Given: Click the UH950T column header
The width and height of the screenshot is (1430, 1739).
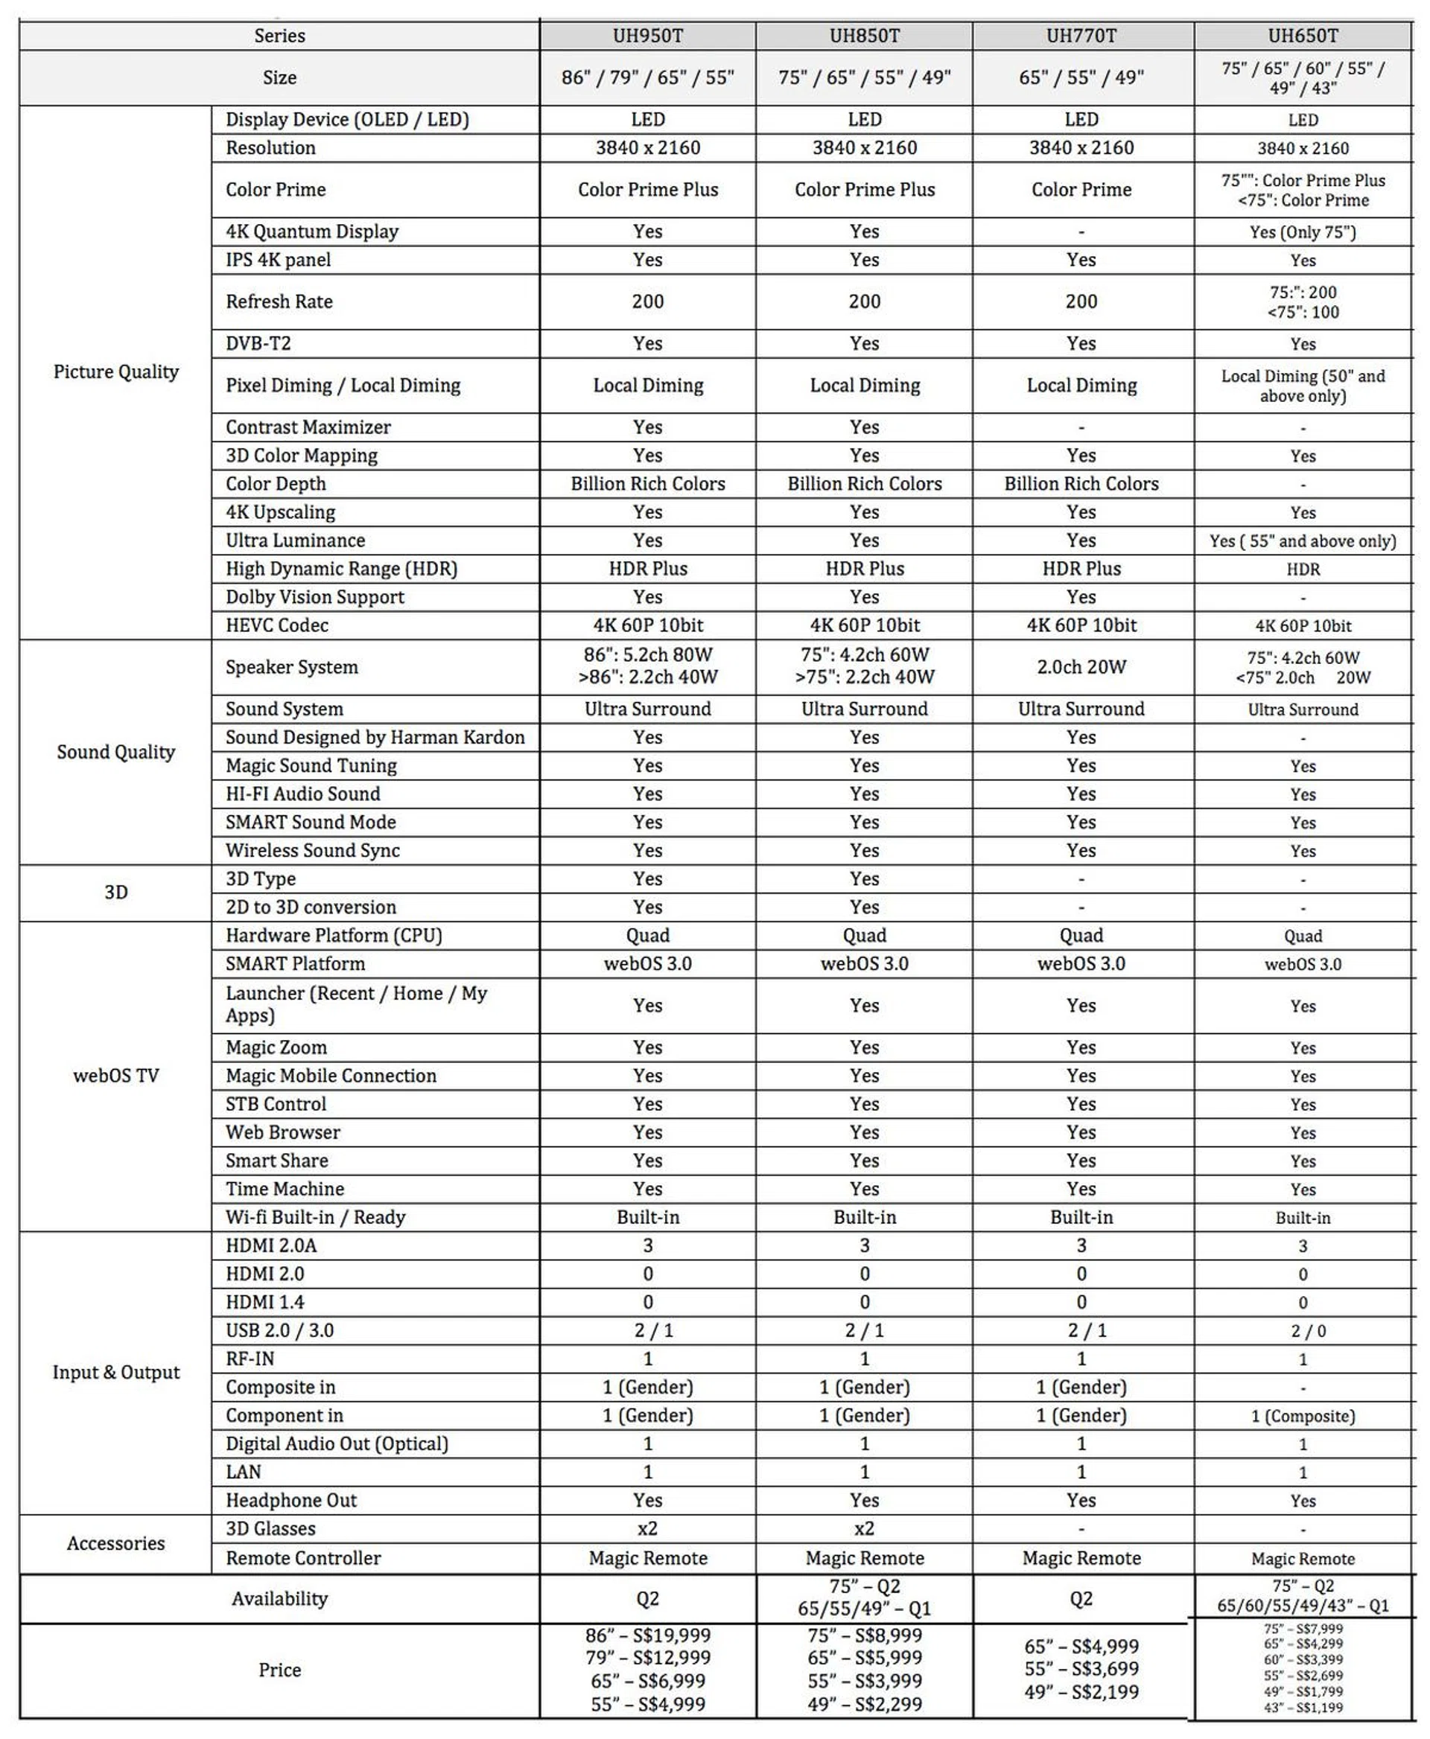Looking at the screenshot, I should [647, 36].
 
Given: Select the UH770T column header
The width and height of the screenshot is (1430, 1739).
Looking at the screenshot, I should [1081, 36].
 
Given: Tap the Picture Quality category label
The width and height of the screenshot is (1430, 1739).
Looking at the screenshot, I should [115, 371].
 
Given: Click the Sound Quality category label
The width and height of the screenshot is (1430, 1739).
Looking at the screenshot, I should [115, 752].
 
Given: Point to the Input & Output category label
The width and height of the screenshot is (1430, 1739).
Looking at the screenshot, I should [115, 1372].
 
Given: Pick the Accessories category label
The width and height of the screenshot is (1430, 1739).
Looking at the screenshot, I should [115, 1543].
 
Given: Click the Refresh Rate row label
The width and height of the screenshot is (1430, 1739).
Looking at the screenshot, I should [279, 301].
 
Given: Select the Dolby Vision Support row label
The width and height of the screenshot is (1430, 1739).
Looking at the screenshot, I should [314, 597].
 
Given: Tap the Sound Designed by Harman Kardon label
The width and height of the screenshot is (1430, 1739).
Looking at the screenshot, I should [375, 737].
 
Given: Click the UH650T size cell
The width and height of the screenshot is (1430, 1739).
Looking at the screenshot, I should [1303, 77].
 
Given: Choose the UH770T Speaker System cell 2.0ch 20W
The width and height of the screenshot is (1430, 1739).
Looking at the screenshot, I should [1081, 667].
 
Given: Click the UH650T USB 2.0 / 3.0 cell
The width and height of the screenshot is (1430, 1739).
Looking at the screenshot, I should [1303, 1330].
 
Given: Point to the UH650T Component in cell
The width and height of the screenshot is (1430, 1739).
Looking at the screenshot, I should [1303, 1416].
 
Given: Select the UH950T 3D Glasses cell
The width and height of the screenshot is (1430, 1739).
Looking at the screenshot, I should [647, 1529].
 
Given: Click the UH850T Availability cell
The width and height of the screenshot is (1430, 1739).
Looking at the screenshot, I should [864, 1598].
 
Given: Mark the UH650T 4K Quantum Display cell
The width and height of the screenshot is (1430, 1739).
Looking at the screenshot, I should [1303, 232].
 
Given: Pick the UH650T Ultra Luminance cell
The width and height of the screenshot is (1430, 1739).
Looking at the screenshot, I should [1303, 541].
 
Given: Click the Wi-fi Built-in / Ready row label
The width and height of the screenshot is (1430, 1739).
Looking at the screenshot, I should [316, 1217].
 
